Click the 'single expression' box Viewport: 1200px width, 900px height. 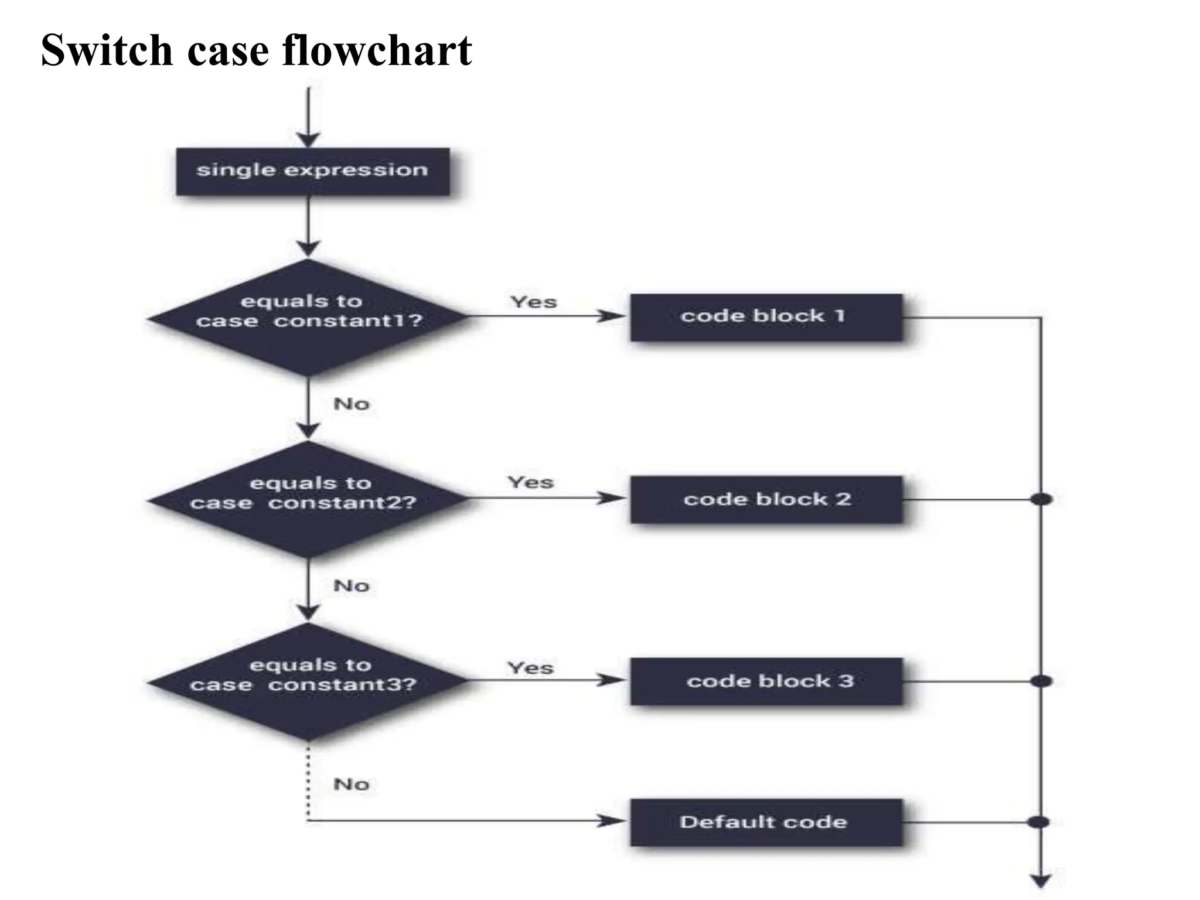tap(313, 171)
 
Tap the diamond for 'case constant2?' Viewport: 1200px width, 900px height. tap(308, 499)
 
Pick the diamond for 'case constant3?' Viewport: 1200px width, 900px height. tap(308, 681)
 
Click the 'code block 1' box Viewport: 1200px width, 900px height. tap(766, 317)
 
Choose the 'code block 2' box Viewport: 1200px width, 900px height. tap(766, 499)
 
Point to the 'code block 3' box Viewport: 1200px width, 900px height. tap(766, 681)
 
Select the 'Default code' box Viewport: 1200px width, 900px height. tap(766, 821)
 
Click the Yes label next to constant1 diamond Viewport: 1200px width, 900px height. tap(533, 302)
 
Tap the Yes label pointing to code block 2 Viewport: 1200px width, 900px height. tap(530, 482)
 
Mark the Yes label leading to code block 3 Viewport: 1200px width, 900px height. tap(530, 667)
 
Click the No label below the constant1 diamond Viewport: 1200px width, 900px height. tap(351, 404)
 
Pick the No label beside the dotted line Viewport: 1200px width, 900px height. tap(351, 784)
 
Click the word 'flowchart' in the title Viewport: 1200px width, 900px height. tap(377, 50)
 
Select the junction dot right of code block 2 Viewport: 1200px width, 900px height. tap(1041, 499)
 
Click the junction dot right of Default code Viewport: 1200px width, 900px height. tap(1038, 821)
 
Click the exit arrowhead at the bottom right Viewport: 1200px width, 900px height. tap(1041, 881)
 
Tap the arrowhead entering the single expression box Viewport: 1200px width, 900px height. tap(308, 139)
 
